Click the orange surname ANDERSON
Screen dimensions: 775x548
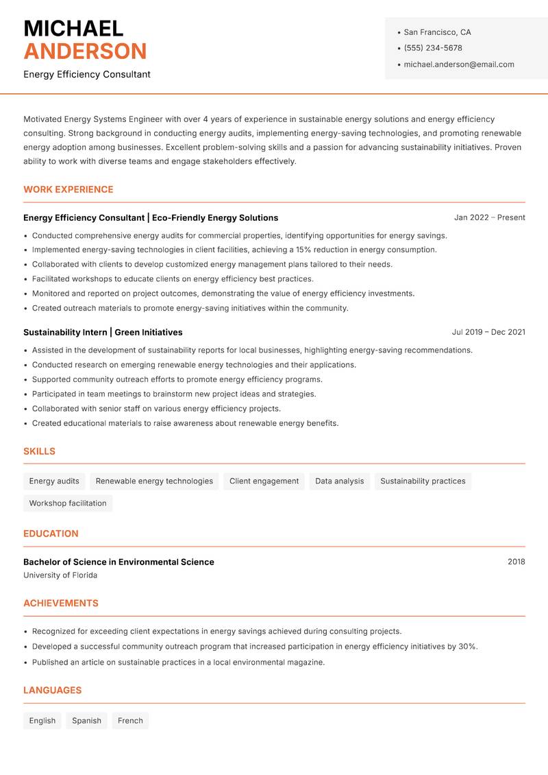[85, 51]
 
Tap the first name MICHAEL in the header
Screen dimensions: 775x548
[73, 29]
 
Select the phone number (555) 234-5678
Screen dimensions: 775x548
[433, 48]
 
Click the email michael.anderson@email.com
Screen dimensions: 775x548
[458, 64]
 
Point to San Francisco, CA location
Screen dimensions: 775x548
[437, 32]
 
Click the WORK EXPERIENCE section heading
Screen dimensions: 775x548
[68, 189]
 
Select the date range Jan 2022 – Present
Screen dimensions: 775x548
[489, 217]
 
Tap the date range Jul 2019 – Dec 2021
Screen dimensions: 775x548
[488, 332]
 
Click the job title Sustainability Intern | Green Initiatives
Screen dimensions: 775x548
[103, 332]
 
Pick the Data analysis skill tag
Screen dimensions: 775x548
[339, 481]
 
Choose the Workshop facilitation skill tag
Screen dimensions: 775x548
[68, 503]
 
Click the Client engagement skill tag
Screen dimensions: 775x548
[264, 481]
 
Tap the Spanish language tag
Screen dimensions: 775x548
[86, 720]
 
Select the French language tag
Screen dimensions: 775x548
[130, 720]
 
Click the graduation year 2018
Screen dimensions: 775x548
[516, 562]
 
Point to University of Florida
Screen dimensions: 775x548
[60, 575]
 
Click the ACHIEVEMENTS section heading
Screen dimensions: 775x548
[61, 603]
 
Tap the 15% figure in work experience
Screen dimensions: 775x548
[304, 250]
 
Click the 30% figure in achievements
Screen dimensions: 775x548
[468, 646]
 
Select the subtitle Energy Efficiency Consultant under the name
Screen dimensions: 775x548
[87, 74]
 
